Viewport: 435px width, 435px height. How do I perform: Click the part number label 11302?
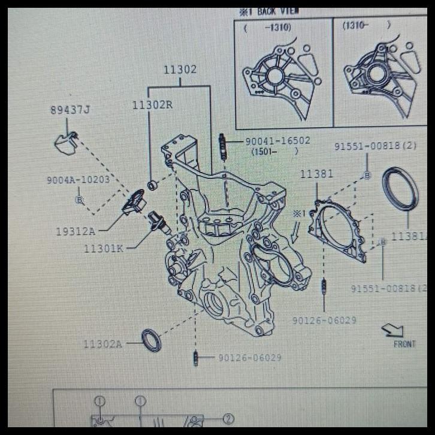tap(180, 70)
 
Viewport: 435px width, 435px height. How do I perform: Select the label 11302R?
tap(152, 105)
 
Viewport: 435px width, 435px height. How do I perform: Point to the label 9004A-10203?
tap(78, 180)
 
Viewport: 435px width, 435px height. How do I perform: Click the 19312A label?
tap(75, 232)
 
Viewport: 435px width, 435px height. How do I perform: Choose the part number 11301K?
tap(103, 247)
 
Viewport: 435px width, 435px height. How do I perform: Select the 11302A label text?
tap(102, 344)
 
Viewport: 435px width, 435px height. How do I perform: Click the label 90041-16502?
tap(277, 141)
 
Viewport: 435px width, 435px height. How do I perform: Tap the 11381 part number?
tap(316, 174)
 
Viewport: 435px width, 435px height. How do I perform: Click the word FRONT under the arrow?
tap(404, 345)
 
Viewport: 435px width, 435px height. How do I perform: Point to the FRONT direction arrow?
tap(393, 330)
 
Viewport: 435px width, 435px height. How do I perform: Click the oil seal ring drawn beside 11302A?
tap(152, 340)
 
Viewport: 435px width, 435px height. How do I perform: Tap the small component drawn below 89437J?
tap(66, 143)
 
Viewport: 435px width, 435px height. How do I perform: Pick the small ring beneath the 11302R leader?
tap(152, 185)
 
